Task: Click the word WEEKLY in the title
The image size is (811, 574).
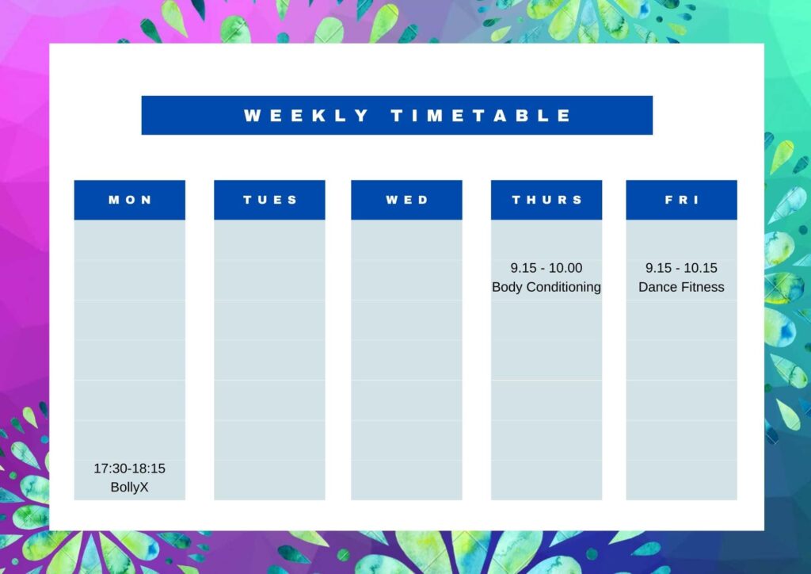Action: (x=306, y=116)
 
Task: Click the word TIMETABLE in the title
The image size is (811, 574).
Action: (x=481, y=116)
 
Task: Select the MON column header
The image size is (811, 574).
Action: (x=130, y=200)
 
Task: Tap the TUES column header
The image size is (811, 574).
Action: (x=269, y=200)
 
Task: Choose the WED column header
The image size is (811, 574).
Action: (x=406, y=200)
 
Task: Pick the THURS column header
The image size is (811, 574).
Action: (x=546, y=200)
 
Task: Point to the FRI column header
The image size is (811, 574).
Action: (x=682, y=200)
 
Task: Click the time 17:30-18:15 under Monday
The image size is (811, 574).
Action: (x=129, y=469)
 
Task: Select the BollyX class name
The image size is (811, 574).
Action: (x=129, y=488)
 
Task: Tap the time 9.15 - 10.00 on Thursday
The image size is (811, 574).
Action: (x=546, y=268)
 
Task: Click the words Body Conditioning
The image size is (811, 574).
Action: (x=546, y=287)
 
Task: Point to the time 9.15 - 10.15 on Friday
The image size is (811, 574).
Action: (x=681, y=268)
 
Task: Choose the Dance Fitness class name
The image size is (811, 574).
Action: (x=681, y=287)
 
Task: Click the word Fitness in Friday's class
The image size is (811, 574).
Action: (x=702, y=287)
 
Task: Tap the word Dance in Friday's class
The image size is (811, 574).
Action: (x=657, y=287)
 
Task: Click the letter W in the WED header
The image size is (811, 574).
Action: (x=392, y=200)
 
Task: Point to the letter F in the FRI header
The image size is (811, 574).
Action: (x=668, y=200)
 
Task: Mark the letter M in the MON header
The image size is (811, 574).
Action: (x=114, y=200)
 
